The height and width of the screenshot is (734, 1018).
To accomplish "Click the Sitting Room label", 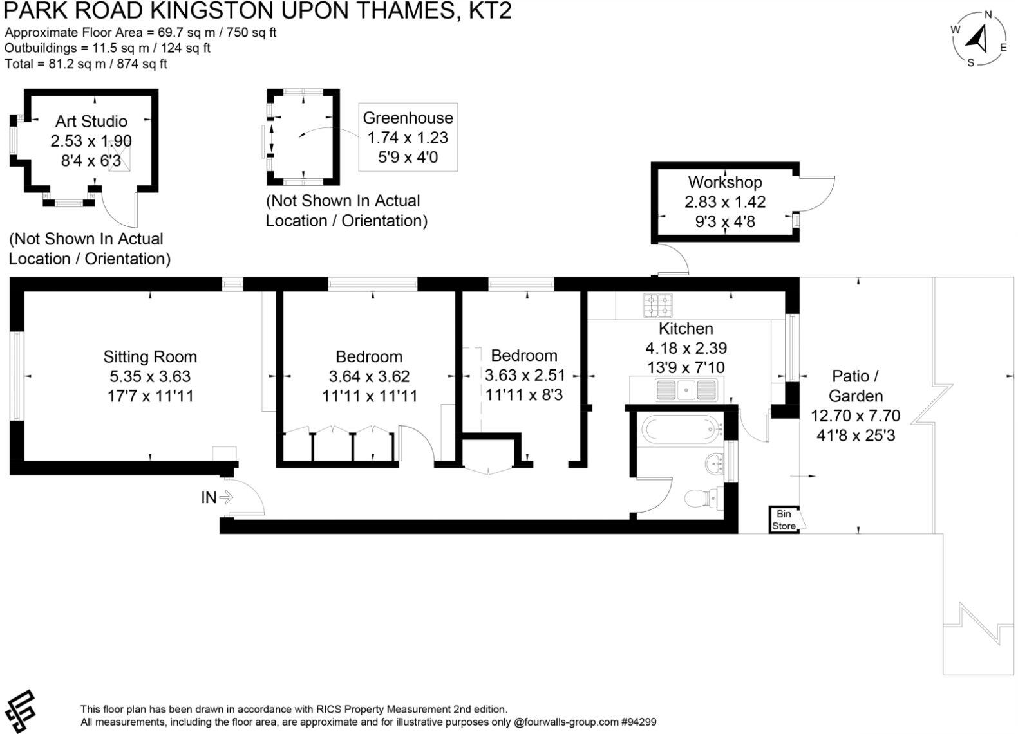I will point(149,356).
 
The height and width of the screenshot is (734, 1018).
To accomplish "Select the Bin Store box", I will point(784,520).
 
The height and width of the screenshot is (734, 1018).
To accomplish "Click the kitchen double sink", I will point(686,389).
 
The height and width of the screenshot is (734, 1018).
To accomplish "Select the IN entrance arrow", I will point(217,497).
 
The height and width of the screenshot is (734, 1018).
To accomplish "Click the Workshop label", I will point(724,182).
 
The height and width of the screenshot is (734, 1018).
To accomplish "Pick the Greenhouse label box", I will point(408,137).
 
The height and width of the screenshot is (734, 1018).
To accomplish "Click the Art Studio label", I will point(91,121).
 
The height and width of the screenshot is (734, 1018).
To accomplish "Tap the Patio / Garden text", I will point(855,385).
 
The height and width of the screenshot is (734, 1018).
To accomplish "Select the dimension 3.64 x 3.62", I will point(369,376).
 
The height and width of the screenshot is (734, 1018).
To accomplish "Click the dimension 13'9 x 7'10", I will point(686,367).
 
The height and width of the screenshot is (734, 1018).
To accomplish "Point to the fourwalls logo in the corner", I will point(19,711).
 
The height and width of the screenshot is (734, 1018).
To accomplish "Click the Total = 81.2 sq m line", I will point(86,64).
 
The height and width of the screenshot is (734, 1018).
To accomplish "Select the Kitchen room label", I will point(686,328).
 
